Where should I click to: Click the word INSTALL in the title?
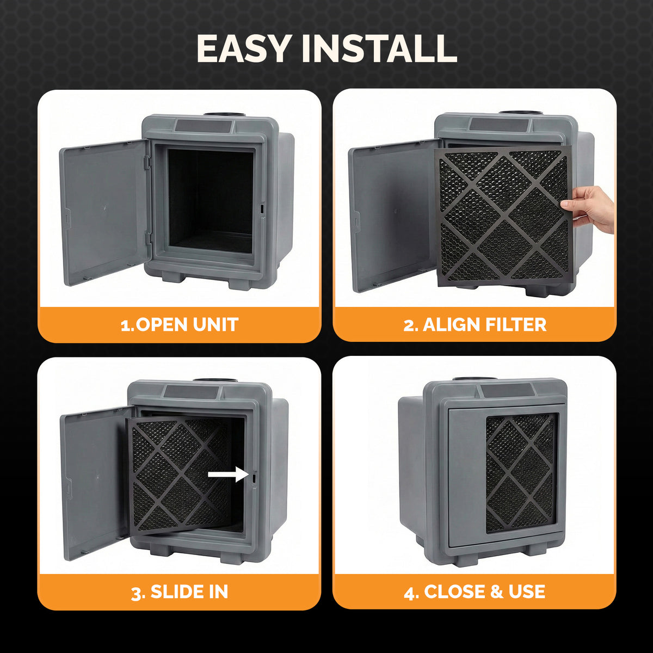pos(379,49)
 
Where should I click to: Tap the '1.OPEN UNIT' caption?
pos(179,325)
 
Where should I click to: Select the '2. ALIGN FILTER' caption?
pos(475,325)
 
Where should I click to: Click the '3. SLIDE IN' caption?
pos(179,592)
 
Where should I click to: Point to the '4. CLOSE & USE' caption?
pos(475,592)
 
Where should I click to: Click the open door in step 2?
pos(392,215)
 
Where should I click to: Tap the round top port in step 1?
pos(224,115)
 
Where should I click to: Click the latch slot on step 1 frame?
pos(262,208)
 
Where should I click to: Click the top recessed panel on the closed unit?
pos(507,391)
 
